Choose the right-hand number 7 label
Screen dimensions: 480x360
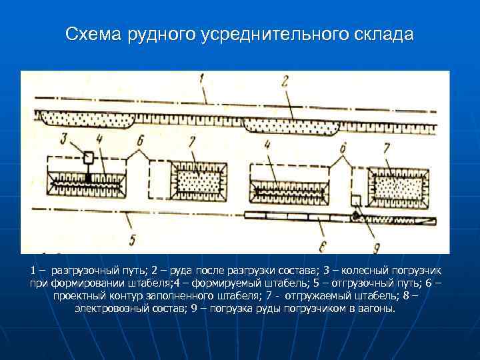coord(386,145)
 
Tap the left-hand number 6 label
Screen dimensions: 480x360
coord(139,141)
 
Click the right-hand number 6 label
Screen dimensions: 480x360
coord(343,148)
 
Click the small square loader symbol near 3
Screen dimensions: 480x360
coord(88,157)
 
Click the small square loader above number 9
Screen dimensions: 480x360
coord(356,201)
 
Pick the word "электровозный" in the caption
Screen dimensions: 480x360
coord(107,309)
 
